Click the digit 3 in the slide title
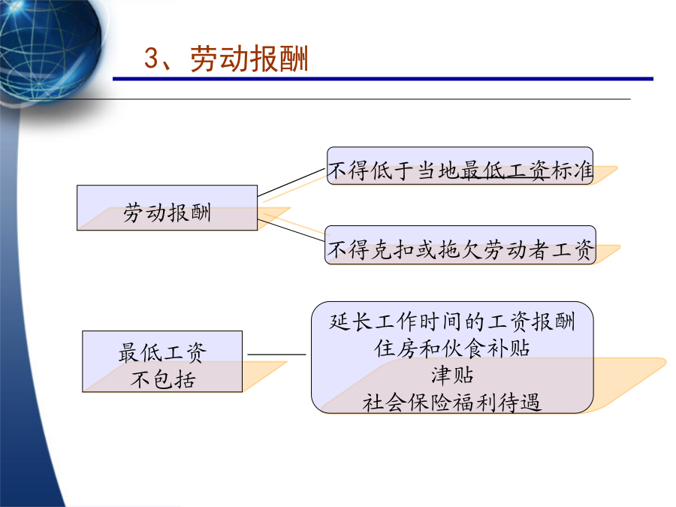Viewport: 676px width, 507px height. pyautogui.click(x=152, y=58)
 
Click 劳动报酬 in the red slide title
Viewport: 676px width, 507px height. pyautogui.click(x=249, y=59)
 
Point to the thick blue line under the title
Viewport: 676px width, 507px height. pyautogui.click(x=383, y=79)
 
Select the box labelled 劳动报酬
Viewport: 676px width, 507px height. pyautogui.click(x=167, y=208)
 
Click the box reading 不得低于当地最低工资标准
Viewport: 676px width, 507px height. pyautogui.click(x=460, y=166)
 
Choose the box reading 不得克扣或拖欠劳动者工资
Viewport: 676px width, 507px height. pyautogui.click(x=460, y=245)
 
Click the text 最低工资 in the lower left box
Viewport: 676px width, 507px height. pyautogui.click(x=162, y=352)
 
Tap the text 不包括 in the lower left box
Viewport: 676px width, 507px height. pyautogui.click(x=163, y=379)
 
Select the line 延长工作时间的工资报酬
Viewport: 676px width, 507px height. pyautogui.click(x=452, y=321)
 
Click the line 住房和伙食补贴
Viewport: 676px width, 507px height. pyautogui.click(x=452, y=349)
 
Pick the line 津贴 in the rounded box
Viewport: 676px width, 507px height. pyautogui.click(x=452, y=376)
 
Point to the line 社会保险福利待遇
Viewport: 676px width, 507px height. pyautogui.click(x=452, y=403)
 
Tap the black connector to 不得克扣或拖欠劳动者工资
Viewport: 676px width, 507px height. pyautogui.click(x=291, y=231)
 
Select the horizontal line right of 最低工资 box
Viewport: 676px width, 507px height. pyautogui.click(x=276, y=355)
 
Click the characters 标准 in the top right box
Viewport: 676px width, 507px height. pyautogui.click(x=572, y=171)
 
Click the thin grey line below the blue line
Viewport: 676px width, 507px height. pyautogui.click(x=330, y=99)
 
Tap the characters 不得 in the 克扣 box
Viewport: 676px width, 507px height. pyautogui.click(x=348, y=250)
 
